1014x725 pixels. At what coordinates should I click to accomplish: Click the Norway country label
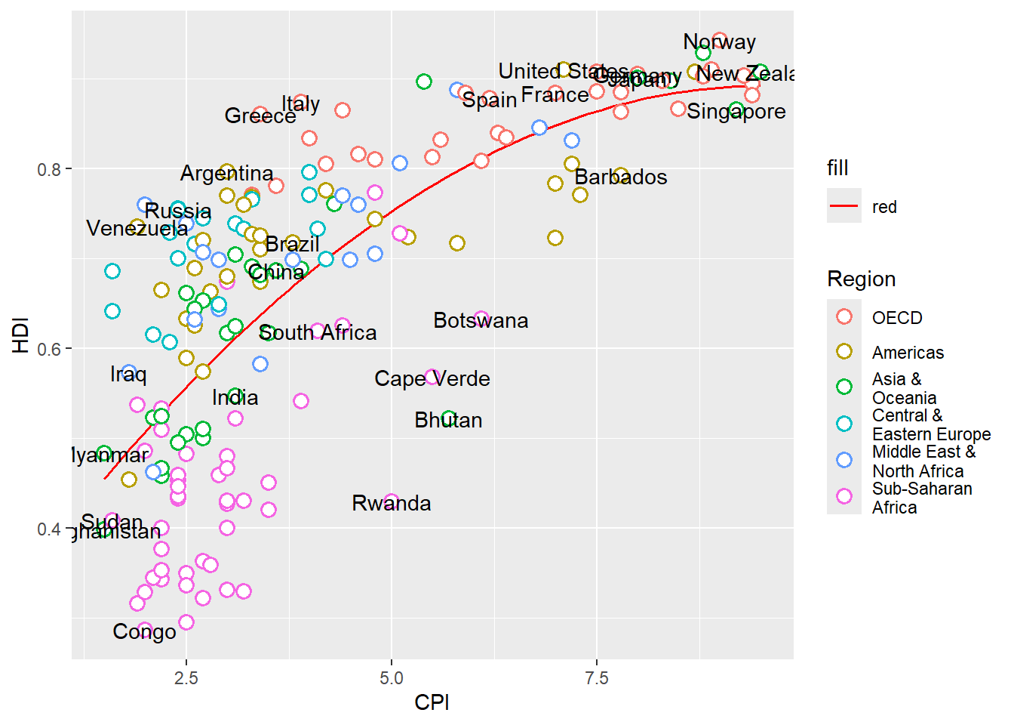[x=719, y=42]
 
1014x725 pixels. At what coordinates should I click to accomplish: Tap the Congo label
[x=144, y=631]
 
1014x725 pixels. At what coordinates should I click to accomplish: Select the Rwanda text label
[x=391, y=503]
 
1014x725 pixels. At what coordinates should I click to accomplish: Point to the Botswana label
[x=481, y=320]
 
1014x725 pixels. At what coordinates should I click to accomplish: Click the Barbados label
[x=621, y=177]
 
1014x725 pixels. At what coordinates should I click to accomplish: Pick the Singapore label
[x=736, y=112]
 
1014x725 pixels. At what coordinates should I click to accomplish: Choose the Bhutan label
[x=448, y=420]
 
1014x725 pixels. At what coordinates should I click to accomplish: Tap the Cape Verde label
[x=432, y=378]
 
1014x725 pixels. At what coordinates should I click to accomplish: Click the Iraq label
[x=128, y=374]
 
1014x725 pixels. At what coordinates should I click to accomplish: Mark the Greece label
[x=260, y=116]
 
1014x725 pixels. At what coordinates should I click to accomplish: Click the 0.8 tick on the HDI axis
[x=49, y=169]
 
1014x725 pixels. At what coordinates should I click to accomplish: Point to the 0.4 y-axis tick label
[x=49, y=529]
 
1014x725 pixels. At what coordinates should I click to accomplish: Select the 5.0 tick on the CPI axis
[x=391, y=678]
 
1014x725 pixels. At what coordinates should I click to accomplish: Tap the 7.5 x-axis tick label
[x=596, y=678]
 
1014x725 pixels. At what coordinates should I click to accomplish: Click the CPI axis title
[x=432, y=702]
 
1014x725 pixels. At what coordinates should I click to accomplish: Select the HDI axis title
[x=20, y=335]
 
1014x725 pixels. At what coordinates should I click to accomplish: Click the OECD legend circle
[x=844, y=317]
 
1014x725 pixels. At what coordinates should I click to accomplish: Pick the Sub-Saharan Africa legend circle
[x=844, y=496]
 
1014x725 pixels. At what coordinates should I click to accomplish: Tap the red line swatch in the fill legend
[x=844, y=206]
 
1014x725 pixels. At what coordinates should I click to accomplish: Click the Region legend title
[x=861, y=279]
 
